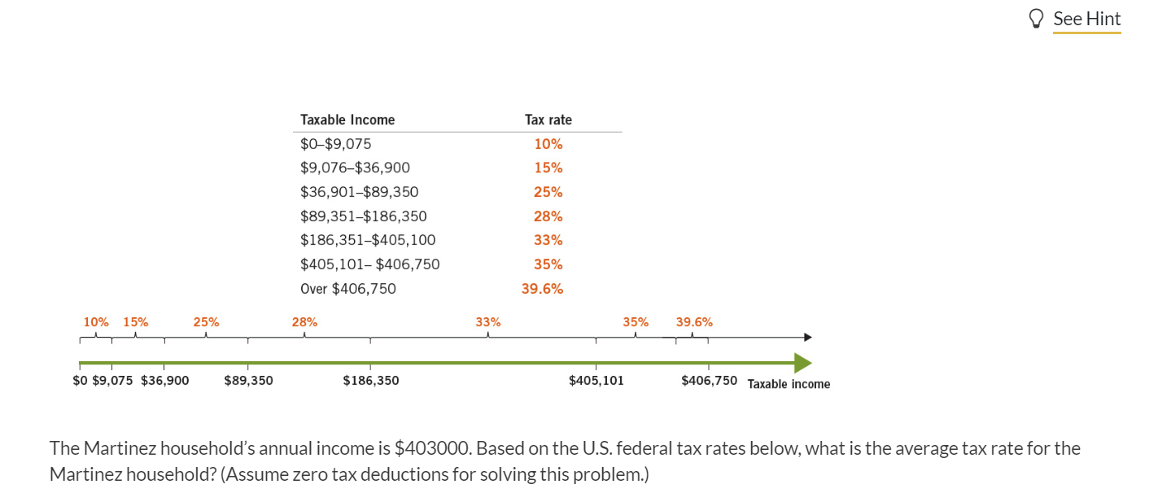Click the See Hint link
1086,19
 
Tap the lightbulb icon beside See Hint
1036,19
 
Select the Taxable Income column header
347,120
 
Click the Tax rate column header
548,120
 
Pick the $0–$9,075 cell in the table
335,144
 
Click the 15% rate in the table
548,168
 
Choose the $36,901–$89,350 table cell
359,192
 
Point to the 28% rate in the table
548,216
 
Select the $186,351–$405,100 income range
368,240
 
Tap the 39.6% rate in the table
542,289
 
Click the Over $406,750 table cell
348,289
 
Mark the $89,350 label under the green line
248,381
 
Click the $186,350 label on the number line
371,381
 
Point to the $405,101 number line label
596,381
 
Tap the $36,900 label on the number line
165,381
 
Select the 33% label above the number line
488,322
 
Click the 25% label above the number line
206,322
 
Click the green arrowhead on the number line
802,363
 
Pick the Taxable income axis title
789,384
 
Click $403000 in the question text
431,448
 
